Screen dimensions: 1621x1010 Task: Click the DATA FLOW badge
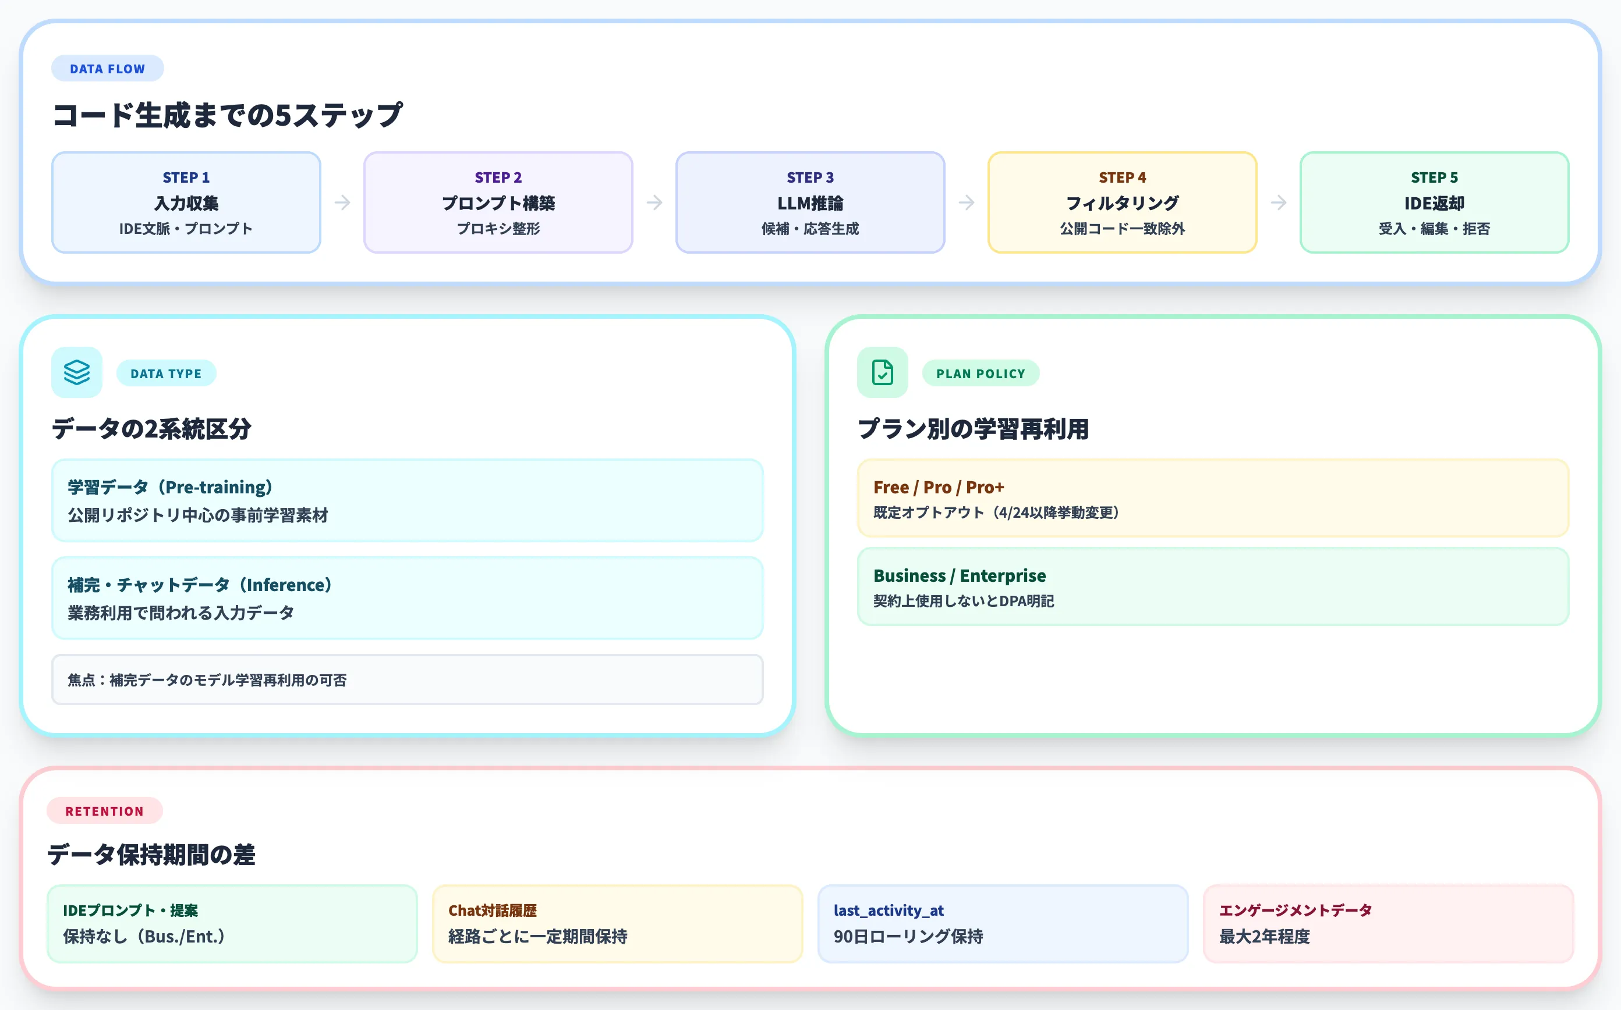click(107, 69)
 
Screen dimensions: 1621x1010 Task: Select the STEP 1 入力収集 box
click(186, 202)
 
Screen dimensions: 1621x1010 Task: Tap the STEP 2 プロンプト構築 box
click(498, 202)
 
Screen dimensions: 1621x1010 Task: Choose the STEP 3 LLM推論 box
click(809, 202)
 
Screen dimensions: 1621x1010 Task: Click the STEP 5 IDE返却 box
click(1434, 202)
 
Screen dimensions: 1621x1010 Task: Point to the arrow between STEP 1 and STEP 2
click(342, 202)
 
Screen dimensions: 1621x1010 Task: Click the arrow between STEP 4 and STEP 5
click(1278, 202)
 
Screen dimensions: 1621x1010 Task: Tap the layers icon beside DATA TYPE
click(77, 373)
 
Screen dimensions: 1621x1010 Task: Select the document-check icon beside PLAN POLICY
click(882, 373)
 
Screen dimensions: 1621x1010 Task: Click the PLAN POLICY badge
click(980, 374)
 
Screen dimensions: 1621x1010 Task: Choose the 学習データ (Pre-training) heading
click(171, 487)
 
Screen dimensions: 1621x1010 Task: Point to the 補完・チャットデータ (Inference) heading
click(200, 585)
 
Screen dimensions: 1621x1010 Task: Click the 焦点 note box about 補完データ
click(407, 680)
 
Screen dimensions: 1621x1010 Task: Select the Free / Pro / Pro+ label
click(939, 487)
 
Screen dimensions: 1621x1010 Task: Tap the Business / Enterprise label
click(959, 575)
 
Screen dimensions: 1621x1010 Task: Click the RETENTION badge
click(104, 811)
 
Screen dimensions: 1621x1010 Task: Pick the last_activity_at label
click(889, 910)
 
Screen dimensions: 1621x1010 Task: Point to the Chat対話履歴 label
click(493, 910)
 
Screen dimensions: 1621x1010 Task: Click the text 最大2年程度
click(1264, 937)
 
